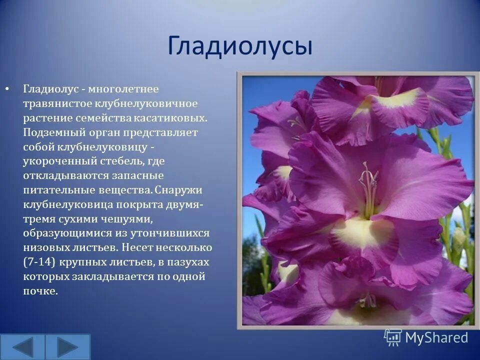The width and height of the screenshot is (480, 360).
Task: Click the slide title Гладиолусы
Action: [x=240, y=46]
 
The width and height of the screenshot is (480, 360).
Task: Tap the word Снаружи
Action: [x=178, y=190]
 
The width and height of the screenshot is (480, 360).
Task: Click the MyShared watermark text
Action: [x=436, y=337]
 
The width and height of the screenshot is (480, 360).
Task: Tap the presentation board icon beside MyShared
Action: [x=393, y=337]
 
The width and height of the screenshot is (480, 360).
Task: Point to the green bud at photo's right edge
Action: [x=458, y=240]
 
